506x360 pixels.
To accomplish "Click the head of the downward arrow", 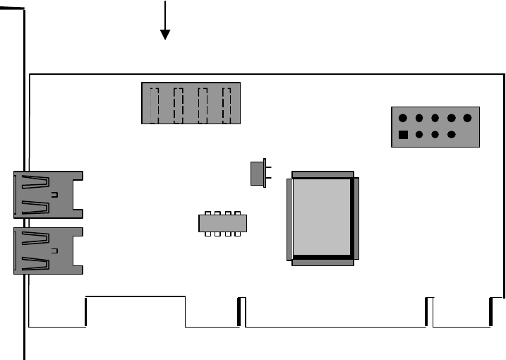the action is point(165,35).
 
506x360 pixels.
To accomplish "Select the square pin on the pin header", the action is point(403,135).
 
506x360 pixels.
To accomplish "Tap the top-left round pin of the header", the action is point(402,119).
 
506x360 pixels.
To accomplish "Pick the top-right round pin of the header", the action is point(467,119).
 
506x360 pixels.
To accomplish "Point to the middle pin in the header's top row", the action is point(435,119).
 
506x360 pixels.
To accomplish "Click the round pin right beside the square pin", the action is point(419,135).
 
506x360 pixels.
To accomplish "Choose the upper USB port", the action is point(47,193).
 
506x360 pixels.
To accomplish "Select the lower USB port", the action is point(47,250).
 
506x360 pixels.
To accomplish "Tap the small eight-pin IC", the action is point(222,223).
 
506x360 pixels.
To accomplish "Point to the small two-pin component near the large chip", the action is point(258,173).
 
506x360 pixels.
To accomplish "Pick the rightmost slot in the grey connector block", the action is point(227,103).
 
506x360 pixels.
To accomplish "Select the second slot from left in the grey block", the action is point(179,103).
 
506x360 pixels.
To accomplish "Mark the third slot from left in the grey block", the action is point(203,103).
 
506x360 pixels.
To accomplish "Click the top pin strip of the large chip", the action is point(322,174).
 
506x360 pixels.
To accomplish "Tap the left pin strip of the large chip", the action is point(289,217).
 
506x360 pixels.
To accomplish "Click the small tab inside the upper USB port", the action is point(54,193).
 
